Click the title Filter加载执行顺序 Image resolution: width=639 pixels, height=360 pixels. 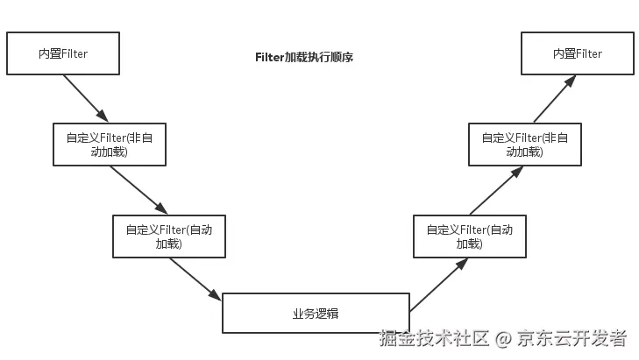click(x=303, y=57)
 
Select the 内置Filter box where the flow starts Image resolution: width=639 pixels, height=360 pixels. click(x=62, y=53)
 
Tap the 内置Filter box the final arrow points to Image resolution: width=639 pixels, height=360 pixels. click(x=577, y=53)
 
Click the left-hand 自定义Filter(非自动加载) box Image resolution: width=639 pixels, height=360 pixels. click(x=109, y=145)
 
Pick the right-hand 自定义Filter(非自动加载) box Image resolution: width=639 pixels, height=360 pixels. click(x=524, y=145)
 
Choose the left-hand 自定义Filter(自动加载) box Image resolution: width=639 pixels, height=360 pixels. click(x=169, y=236)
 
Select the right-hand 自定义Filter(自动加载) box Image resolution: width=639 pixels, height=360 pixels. click(x=469, y=236)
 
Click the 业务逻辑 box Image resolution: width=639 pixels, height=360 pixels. click(x=315, y=314)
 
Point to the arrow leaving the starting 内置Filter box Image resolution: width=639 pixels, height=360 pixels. click(x=86, y=97)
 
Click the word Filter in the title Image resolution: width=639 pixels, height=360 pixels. click(x=269, y=57)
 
